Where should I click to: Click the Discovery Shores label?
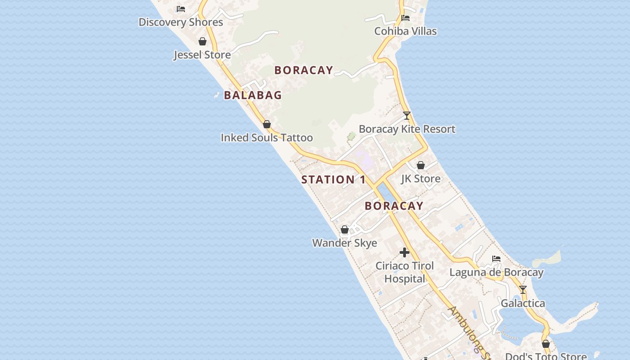(x=180, y=22)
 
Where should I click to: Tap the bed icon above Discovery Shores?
(x=181, y=9)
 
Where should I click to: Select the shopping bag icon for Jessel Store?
(x=202, y=41)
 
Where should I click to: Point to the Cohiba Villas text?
(x=405, y=31)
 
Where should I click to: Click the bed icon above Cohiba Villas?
(x=405, y=18)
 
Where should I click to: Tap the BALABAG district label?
(x=252, y=95)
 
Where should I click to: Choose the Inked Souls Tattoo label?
(x=266, y=138)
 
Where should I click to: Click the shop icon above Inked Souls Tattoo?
(x=267, y=124)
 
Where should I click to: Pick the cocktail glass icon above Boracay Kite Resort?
(x=407, y=116)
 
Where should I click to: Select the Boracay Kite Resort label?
(x=407, y=129)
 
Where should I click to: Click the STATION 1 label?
(x=333, y=180)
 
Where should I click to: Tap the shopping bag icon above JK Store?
(x=421, y=165)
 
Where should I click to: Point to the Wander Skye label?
(x=345, y=243)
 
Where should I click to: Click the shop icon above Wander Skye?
(x=345, y=229)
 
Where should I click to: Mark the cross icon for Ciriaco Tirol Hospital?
(x=405, y=252)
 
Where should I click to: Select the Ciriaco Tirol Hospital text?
(x=405, y=272)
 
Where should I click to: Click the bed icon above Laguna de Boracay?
(x=496, y=259)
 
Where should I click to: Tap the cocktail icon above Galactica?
(x=523, y=290)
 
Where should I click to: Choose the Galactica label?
(x=523, y=303)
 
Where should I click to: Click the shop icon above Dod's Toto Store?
(x=546, y=344)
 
